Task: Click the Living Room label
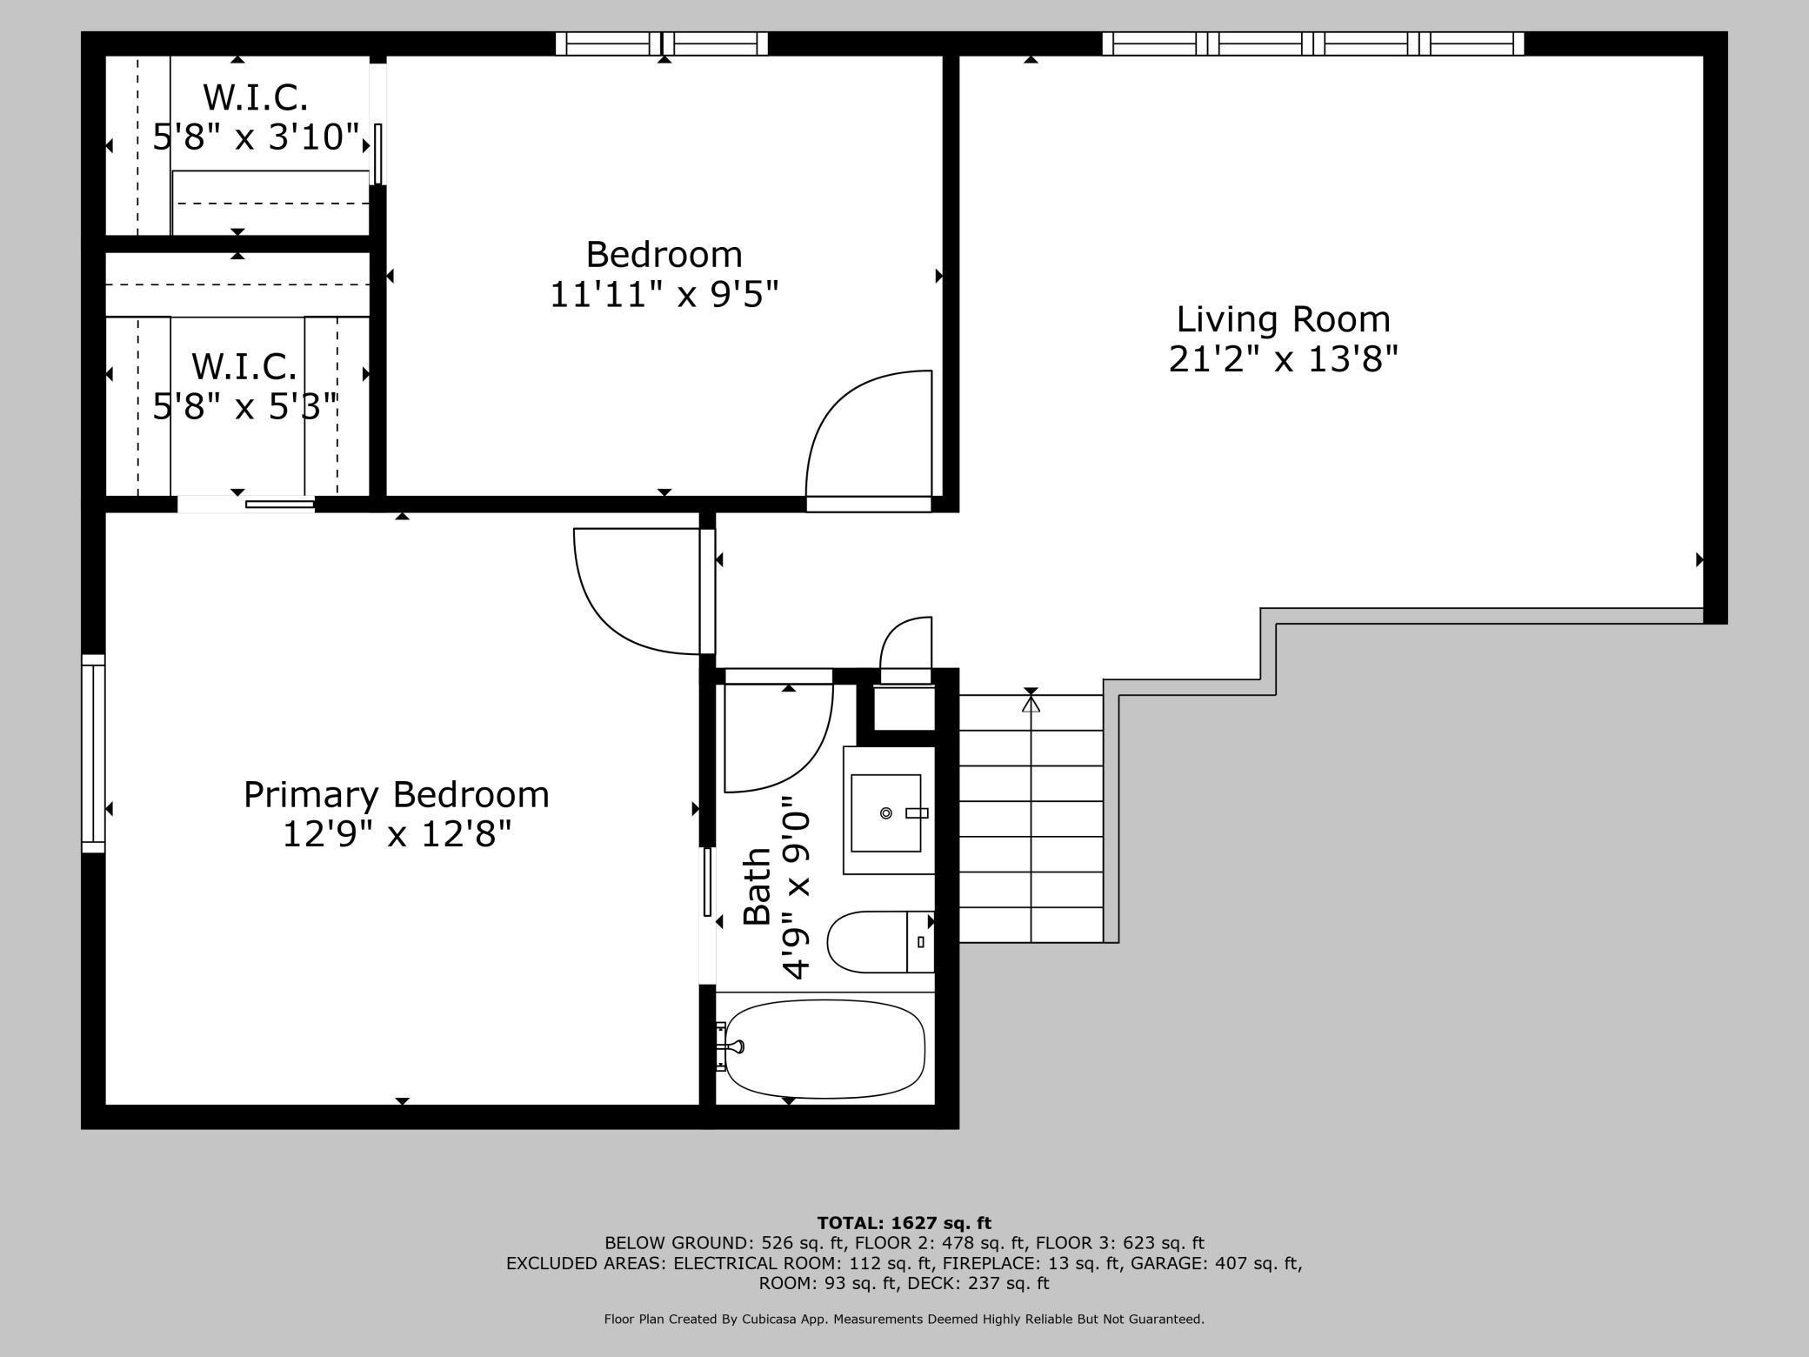coord(1283,319)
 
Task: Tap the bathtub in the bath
coord(824,1048)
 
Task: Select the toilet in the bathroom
coord(878,942)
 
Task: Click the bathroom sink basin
coord(885,812)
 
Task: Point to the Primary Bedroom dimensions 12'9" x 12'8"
coord(397,834)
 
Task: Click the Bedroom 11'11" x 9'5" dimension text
coord(664,295)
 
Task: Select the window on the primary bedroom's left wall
coord(93,753)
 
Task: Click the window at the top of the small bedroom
coord(662,43)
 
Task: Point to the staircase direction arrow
coord(1031,702)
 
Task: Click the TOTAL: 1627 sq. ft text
coord(904,1223)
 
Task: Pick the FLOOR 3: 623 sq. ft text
coord(1119,1243)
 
